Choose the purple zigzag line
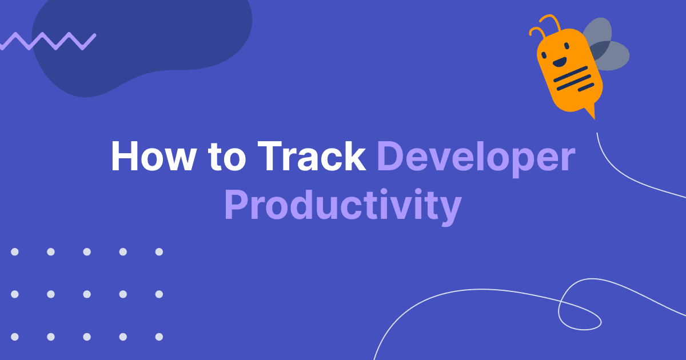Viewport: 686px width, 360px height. pyautogui.click(x=48, y=41)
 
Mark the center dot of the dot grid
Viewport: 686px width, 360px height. pyautogui.click(x=87, y=294)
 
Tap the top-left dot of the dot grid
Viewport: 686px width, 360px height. pyautogui.click(x=15, y=252)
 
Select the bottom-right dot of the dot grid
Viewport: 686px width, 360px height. pyautogui.click(x=159, y=337)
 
